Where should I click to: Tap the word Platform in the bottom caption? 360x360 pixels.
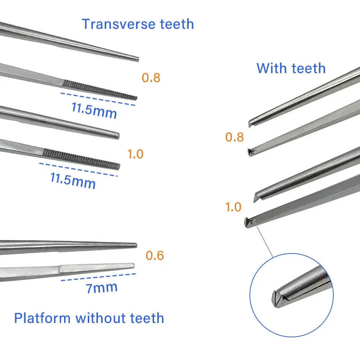point(42,318)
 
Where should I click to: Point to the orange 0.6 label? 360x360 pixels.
point(155,255)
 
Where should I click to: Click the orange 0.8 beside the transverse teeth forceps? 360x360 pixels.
point(151,78)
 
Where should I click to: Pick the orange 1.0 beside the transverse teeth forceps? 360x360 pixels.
point(135,154)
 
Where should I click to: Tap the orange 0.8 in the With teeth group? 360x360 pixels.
point(234,137)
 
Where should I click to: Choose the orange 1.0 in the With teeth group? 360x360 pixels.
point(233,207)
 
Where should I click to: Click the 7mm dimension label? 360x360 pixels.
point(102,288)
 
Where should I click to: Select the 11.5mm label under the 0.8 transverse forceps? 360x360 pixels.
point(94,111)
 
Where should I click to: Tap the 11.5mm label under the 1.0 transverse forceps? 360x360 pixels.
point(73,181)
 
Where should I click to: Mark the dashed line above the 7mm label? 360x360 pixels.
point(98,277)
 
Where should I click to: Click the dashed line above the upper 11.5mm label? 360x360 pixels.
point(98,99)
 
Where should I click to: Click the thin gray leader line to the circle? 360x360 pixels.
point(265,242)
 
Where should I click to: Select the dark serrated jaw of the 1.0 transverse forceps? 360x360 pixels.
point(81,159)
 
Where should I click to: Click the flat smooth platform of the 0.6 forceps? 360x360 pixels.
point(97,268)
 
